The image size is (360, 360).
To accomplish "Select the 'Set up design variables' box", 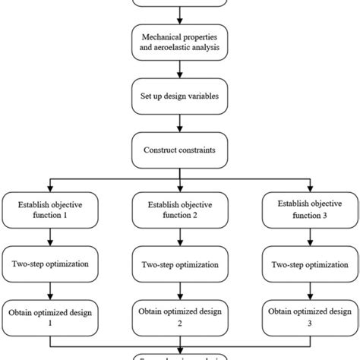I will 180,98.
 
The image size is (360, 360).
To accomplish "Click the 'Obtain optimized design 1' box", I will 51,317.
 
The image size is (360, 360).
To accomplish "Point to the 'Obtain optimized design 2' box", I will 180,317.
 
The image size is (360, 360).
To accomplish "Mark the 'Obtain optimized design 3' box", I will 309,317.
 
